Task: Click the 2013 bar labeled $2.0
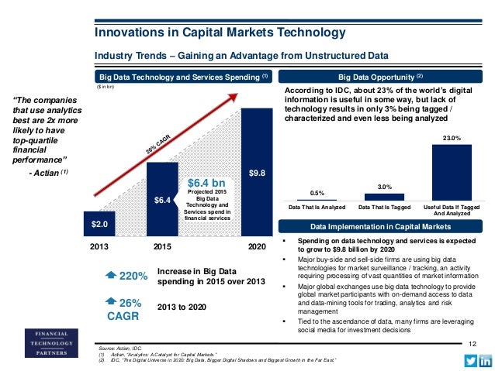click(99, 223)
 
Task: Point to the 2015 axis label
click(163, 246)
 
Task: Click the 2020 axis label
click(257, 246)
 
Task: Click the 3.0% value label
click(384, 187)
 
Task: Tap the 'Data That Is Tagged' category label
click(384, 208)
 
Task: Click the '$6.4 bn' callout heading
click(206, 183)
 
